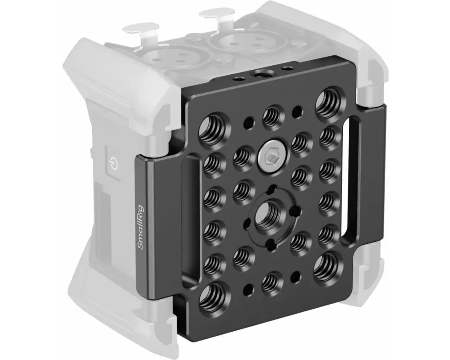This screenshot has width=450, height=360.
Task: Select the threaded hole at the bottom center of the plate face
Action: pyautogui.click(x=270, y=283)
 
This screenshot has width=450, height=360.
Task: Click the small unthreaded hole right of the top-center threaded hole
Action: pyautogui.click(x=297, y=111)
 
